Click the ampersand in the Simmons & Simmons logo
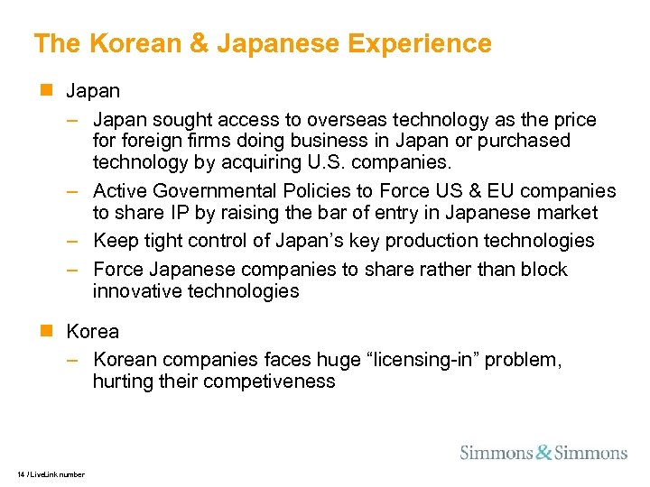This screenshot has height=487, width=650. pos(543,452)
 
